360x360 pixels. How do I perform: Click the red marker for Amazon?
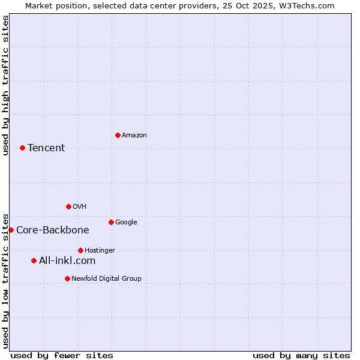tap(118, 135)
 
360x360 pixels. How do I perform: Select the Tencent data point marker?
tap(22, 148)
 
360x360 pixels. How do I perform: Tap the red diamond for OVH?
tap(68, 206)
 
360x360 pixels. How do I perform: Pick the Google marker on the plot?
tap(111, 222)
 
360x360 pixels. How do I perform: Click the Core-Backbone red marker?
tap(11, 230)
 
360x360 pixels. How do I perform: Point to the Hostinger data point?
tap(80, 250)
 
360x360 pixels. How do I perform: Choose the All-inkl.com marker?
tap(34, 260)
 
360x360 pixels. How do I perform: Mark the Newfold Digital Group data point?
tap(67, 278)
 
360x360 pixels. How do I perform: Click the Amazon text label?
tap(134, 136)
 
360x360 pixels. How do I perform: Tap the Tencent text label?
tap(46, 148)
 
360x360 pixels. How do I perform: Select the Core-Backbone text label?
tap(53, 230)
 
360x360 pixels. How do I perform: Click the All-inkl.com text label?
tap(67, 261)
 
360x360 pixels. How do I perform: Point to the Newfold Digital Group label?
tap(106, 278)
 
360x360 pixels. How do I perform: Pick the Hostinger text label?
tap(100, 250)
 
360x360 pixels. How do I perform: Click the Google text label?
tap(126, 223)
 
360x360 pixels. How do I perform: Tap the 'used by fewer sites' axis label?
tap(62, 355)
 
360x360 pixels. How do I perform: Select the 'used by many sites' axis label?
tap(301, 355)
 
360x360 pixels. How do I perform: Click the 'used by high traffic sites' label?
tap(5, 85)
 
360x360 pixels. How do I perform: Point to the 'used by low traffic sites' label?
tap(5, 280)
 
